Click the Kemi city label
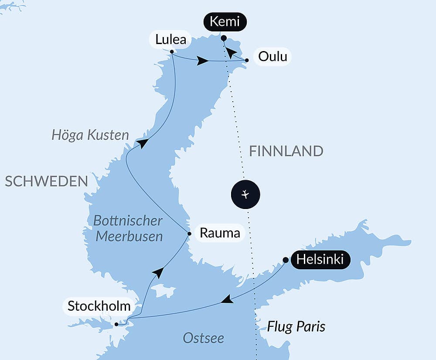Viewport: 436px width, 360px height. (225, 22)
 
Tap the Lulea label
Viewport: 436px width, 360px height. (170, 40)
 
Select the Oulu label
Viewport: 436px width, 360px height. (272, 57)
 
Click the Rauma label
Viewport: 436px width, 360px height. (220, 233)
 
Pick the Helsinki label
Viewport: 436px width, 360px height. (320, 260)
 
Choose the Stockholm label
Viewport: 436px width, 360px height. (99, 306)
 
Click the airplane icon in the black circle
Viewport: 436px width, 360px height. (245, 194)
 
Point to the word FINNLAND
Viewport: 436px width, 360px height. (286, 151)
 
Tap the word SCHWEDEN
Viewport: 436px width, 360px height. (47, 182)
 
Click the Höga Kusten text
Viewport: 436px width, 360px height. (90, 135)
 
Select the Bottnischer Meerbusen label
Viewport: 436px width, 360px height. (128, 228)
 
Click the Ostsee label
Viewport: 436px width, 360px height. (203, 338)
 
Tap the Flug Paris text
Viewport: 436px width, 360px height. (296, 326)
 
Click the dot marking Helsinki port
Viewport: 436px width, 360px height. (285, 260)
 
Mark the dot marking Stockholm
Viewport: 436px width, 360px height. (116, 324)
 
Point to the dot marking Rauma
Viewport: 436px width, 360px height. (189, 233)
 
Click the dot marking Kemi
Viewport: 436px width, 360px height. (224, 38)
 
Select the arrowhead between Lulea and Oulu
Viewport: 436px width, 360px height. (202, 61)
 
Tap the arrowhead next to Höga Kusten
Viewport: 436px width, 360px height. (142, 143)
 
